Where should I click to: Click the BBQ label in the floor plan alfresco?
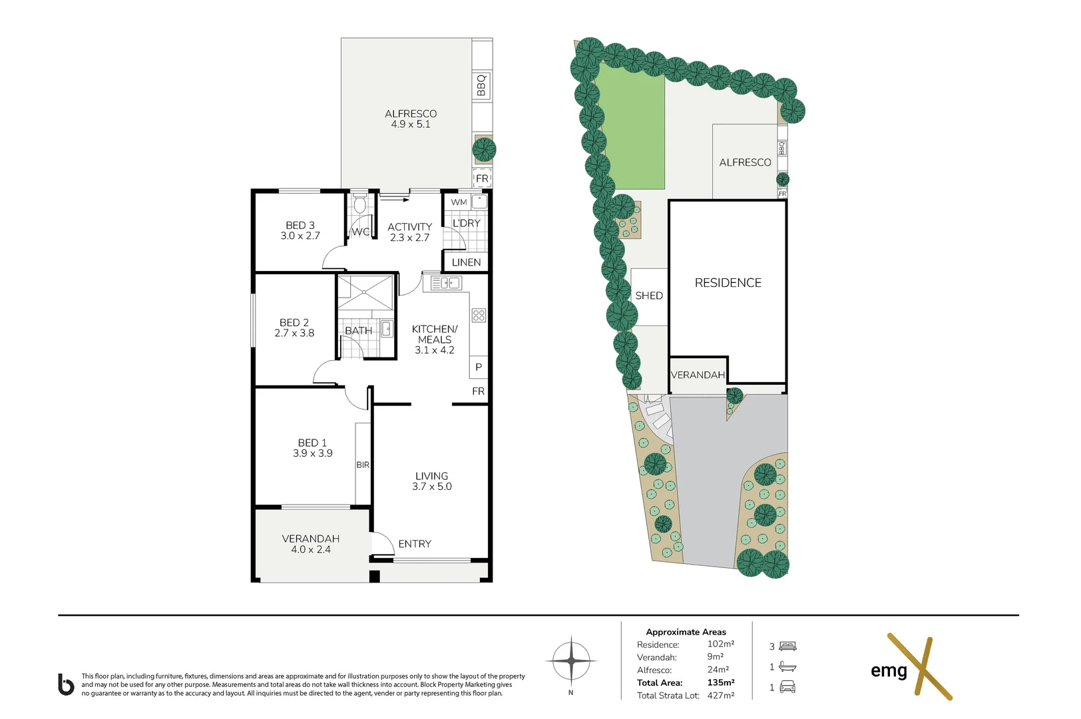(x=481, y=85)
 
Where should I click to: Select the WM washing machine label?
(x=459, y=202)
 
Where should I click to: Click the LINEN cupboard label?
(x=466, y=262)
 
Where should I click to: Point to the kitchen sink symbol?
(x=445, y=284)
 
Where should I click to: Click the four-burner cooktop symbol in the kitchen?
(x=479, y=316)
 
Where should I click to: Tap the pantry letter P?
(x=478, y=367)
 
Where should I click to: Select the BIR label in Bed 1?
(x=363, y=465)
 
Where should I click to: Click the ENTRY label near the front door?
(x=414, y=544)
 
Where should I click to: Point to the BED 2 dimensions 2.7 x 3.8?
(x=294, y=334)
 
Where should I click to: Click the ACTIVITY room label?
(x=409, y=227)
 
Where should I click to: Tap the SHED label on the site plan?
(x=648, y=296)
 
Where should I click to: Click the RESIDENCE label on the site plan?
(x=728, y=283)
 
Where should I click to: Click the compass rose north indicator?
(x=570, y=661)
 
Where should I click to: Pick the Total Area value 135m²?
(x=720, y=682)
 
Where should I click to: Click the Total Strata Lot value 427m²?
(x=720, y=695)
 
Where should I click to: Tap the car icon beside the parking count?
(x=787, y=687)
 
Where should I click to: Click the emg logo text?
(x=889, y=670)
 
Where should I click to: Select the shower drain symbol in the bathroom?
(x=365, y=292)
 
